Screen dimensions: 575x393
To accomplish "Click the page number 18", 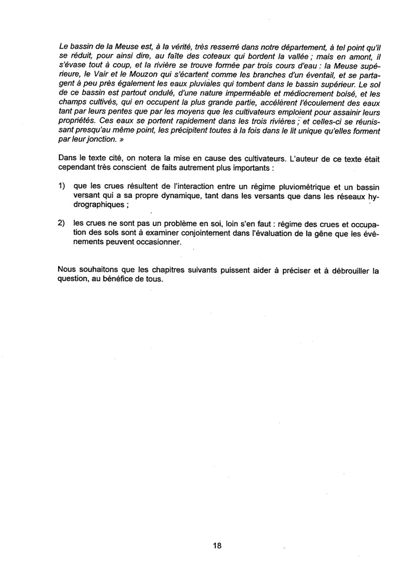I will coord(218,546).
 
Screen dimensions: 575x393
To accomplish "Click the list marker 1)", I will coord(61,187).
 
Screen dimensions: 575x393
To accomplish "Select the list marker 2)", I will coord(61,222).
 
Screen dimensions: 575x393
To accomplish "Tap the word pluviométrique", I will coord(290,187).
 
